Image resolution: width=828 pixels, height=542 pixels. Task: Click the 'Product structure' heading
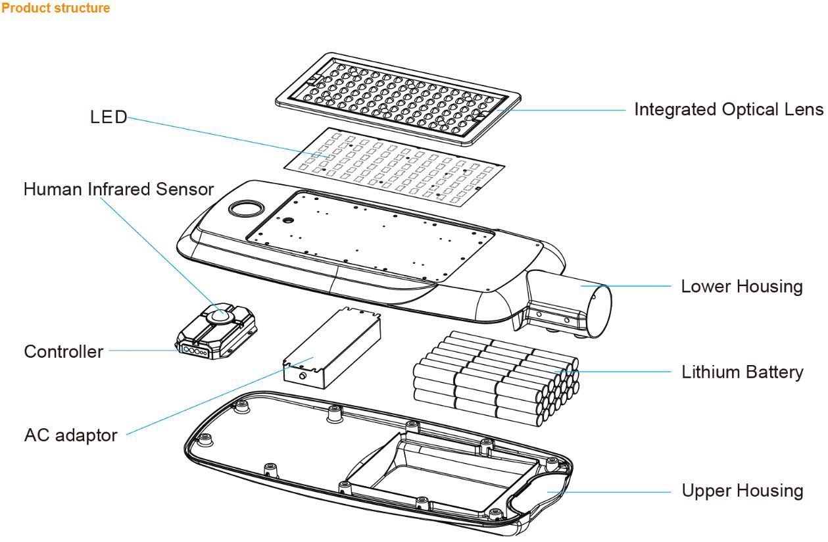[x=55, y=9]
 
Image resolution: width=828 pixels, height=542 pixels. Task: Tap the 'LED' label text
[x=109, y=118]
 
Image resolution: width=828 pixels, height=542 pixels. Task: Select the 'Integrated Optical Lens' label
[x=728, y=110]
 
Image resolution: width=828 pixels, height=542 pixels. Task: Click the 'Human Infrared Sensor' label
[x=118, y=189]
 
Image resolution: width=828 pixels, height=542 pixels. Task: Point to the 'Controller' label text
[x=64, y=351]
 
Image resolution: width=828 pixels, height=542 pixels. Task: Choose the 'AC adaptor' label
[x=71, y=435]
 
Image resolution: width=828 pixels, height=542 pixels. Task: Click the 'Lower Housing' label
[x=741, y=287]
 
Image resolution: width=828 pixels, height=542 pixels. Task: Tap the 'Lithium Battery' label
[x=742, y=372]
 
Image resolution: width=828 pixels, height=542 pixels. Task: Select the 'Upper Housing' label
[x=742, y=491]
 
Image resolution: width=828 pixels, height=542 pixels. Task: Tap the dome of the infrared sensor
[x=216, y=316]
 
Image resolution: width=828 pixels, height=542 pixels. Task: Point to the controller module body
[x=214, y=332]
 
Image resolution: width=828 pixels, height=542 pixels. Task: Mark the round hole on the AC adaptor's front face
[x=303, y=376]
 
